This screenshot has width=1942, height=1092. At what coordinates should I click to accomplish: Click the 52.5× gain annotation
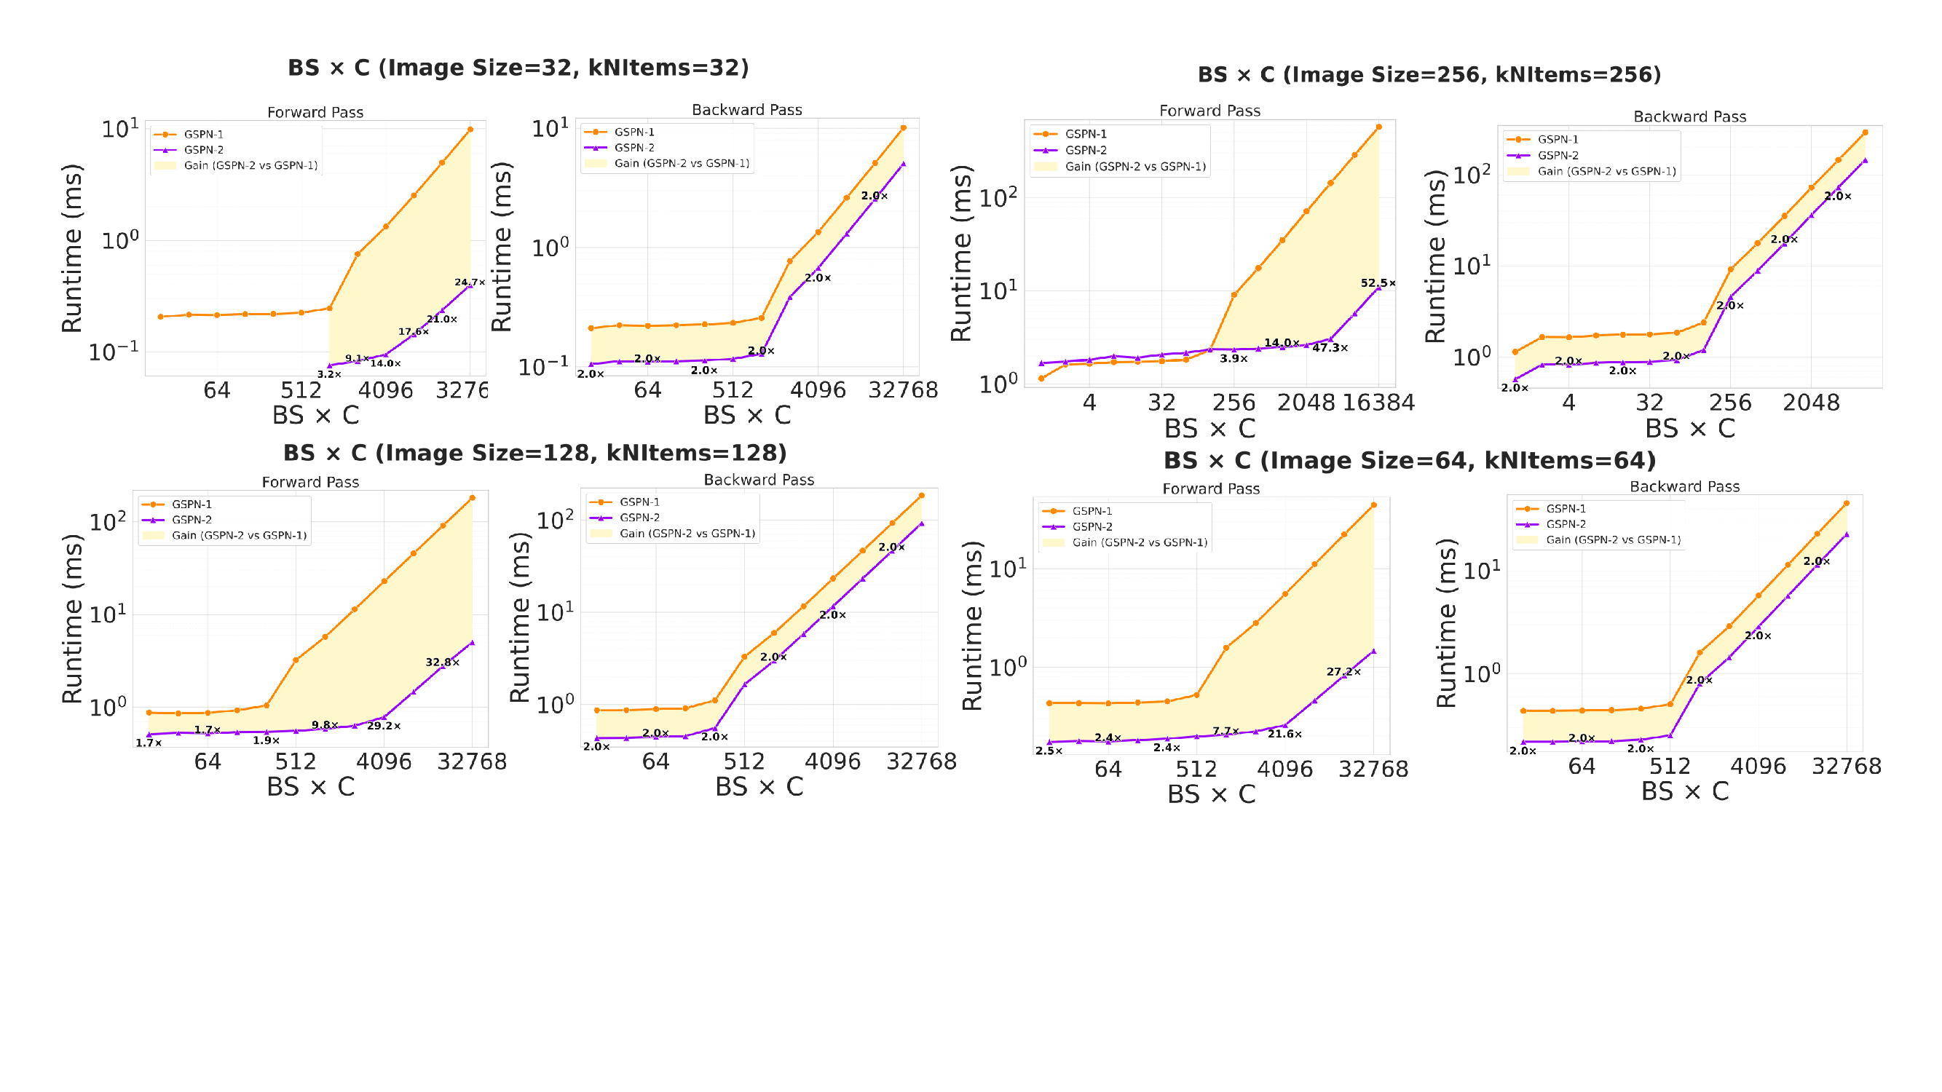[1378, 283]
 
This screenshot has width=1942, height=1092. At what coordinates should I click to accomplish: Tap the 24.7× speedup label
[469, 282]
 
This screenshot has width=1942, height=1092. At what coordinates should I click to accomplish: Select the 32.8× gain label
[442, 662]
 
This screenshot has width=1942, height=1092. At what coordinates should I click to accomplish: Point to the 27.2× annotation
[1343, 671]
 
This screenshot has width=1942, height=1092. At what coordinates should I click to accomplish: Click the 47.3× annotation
[1330, 348]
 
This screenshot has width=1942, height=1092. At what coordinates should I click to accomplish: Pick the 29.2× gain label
[384, 726]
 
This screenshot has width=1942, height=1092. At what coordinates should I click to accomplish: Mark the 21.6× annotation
[1284, 734]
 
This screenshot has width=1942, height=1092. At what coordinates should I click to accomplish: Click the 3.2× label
[328, 374]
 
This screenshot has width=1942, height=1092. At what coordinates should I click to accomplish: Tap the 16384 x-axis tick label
[1378, 403]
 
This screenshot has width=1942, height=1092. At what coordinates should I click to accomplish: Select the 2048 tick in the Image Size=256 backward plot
[1811, 403]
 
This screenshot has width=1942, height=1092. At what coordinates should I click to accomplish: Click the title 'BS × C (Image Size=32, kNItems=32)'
[518, 68]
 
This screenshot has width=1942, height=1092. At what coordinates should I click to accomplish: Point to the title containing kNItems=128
[535, 453]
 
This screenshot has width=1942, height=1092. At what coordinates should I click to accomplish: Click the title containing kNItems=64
[1410, 461]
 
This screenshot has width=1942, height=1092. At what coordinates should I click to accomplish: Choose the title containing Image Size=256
[1429, 74]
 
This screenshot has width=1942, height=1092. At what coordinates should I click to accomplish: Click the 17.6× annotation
[413, 331]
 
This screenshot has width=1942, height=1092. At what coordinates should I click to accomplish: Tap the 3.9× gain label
[1234, 359]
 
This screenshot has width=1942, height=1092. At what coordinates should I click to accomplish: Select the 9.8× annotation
[325, 725]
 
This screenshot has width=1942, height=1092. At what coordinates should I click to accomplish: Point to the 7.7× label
[1225, 731]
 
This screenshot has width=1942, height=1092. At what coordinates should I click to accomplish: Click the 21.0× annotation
[442, 320]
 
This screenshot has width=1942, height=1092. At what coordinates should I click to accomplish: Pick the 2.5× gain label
[1049, 751]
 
